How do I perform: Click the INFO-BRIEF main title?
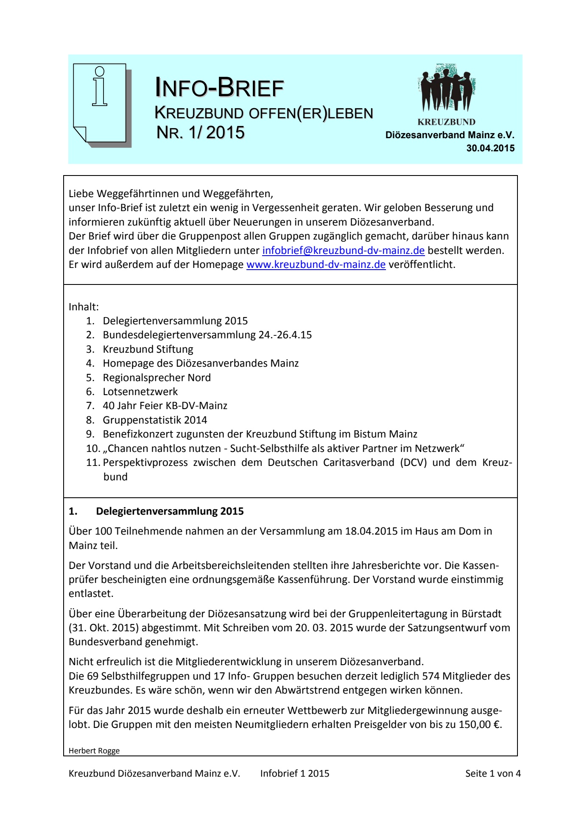point(219,87)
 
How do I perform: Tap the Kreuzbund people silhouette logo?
point(446,89)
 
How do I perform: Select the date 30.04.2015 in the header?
point(490,148)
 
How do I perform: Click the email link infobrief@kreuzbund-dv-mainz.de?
point(343,251)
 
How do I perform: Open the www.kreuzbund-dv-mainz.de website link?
point(316,265)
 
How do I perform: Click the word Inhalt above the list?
point(84,307)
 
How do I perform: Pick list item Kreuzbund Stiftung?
point(148,349)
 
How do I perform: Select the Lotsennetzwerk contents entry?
point(140,392)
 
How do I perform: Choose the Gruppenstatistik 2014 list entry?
point(155,420)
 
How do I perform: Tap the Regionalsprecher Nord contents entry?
point(157,378)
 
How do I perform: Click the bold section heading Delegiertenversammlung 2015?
point(170,511)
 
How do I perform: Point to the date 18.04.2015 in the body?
point(371,531)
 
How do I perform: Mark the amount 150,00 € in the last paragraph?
point(480,725)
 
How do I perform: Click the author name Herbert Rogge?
point(94,751)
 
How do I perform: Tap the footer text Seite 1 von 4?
point(492,773)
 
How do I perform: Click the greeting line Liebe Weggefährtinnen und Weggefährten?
point(171,194)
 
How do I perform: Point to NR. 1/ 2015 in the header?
point(200,132)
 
